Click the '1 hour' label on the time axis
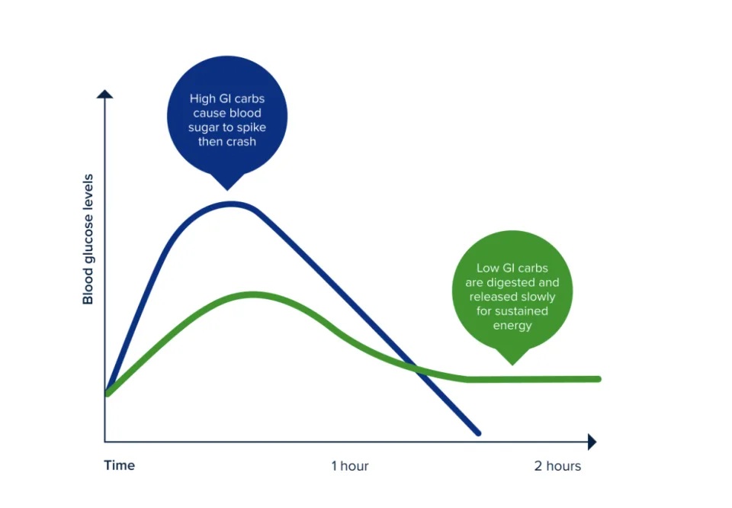tap(350, 466)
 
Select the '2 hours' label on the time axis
tap(557, 466)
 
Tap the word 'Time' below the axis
tap(120, 465)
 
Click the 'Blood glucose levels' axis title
tap(88, 239)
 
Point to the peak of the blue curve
tap(231, 204)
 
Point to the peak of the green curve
tap(252, 294)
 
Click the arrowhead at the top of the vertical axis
tap(104, 94)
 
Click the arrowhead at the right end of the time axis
tap(592, 442)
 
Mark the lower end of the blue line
tap(478, 433)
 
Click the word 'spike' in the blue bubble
tap(252, 128)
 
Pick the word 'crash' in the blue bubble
tap(241, 141)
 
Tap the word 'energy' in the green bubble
tap(512, 326)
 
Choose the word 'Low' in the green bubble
tap(487, 268)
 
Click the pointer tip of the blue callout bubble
tap(227, 190)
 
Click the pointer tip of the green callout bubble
tap(512, 365)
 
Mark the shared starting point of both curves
tap(108, 393)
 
